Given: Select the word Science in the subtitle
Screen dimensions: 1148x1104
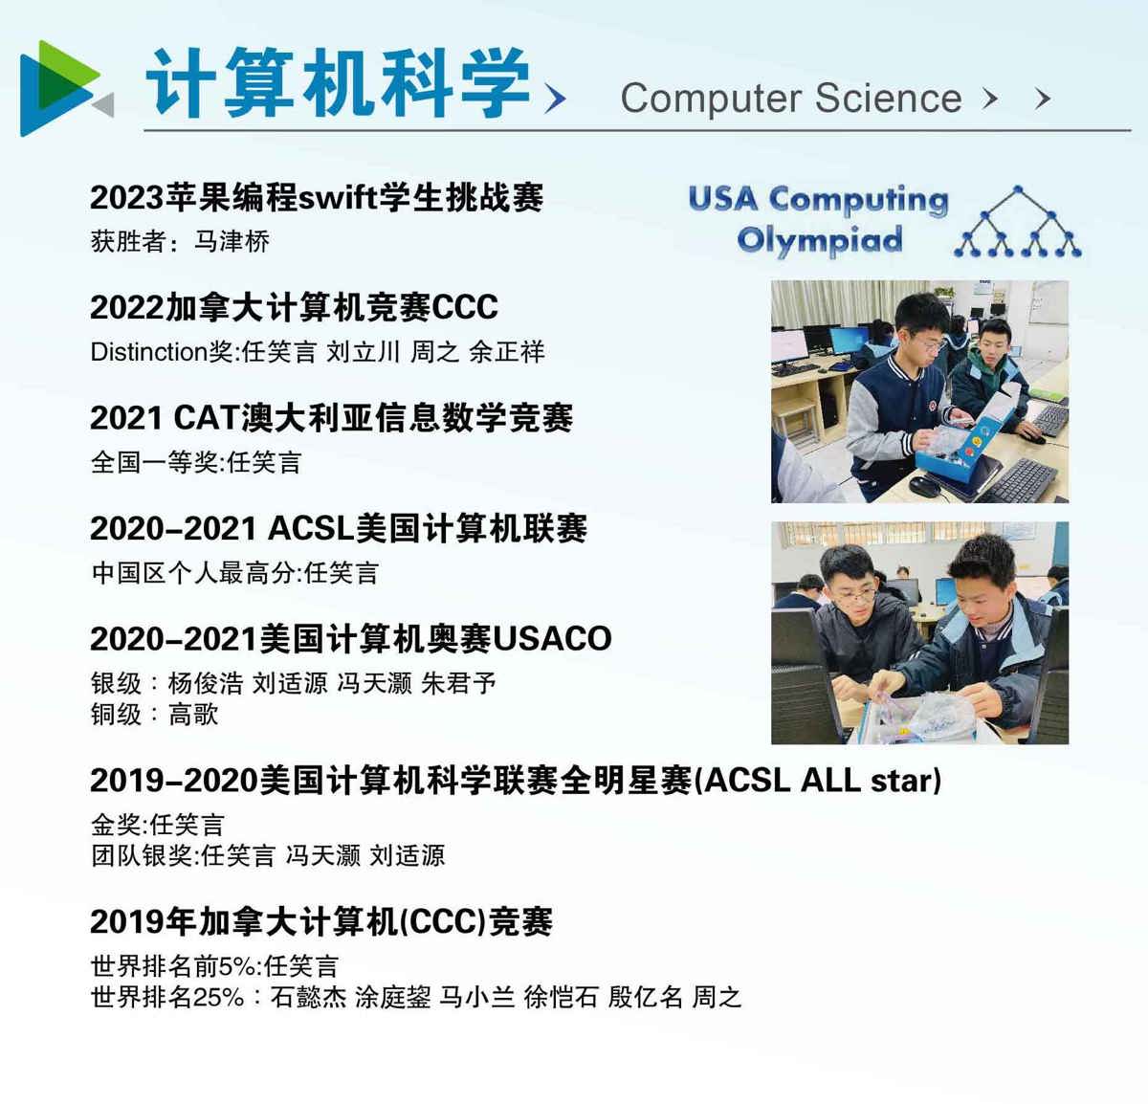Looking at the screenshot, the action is pyautogui.click(x=889, y=98).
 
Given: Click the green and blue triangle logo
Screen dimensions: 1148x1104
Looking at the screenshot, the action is pyautogui.click(x=66, y=89).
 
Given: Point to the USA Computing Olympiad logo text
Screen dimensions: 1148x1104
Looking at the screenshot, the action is pyautogui.click(x=819, y=219).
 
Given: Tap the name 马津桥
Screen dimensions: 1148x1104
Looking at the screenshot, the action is pyautogui.click(x=232, y=241).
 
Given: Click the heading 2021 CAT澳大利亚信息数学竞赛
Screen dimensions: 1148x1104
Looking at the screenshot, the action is pyautogui.click(x=332, y=418).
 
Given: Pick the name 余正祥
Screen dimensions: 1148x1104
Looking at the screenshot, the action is pyautogui.click(x=507, y=352).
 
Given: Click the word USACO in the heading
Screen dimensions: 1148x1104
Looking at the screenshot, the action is pyautogui.click(x=552, y=638).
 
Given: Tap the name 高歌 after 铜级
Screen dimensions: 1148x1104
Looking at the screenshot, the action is pyautogui.click(x=193, y=714).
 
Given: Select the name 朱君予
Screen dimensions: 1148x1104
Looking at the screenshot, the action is pyautogui.click(x=458, y=683).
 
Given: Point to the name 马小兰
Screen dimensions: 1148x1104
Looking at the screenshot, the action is pyautogui.click(x=476, y=997).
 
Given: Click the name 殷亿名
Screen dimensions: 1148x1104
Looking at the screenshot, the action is pyautogui.click(x=646, y=997).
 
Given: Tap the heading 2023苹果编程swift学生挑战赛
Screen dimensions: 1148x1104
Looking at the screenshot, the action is pyautogui.click(x=317, y=197).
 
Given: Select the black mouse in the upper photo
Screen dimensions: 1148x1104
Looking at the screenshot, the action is pyautogui.click(x=924, y=486).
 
